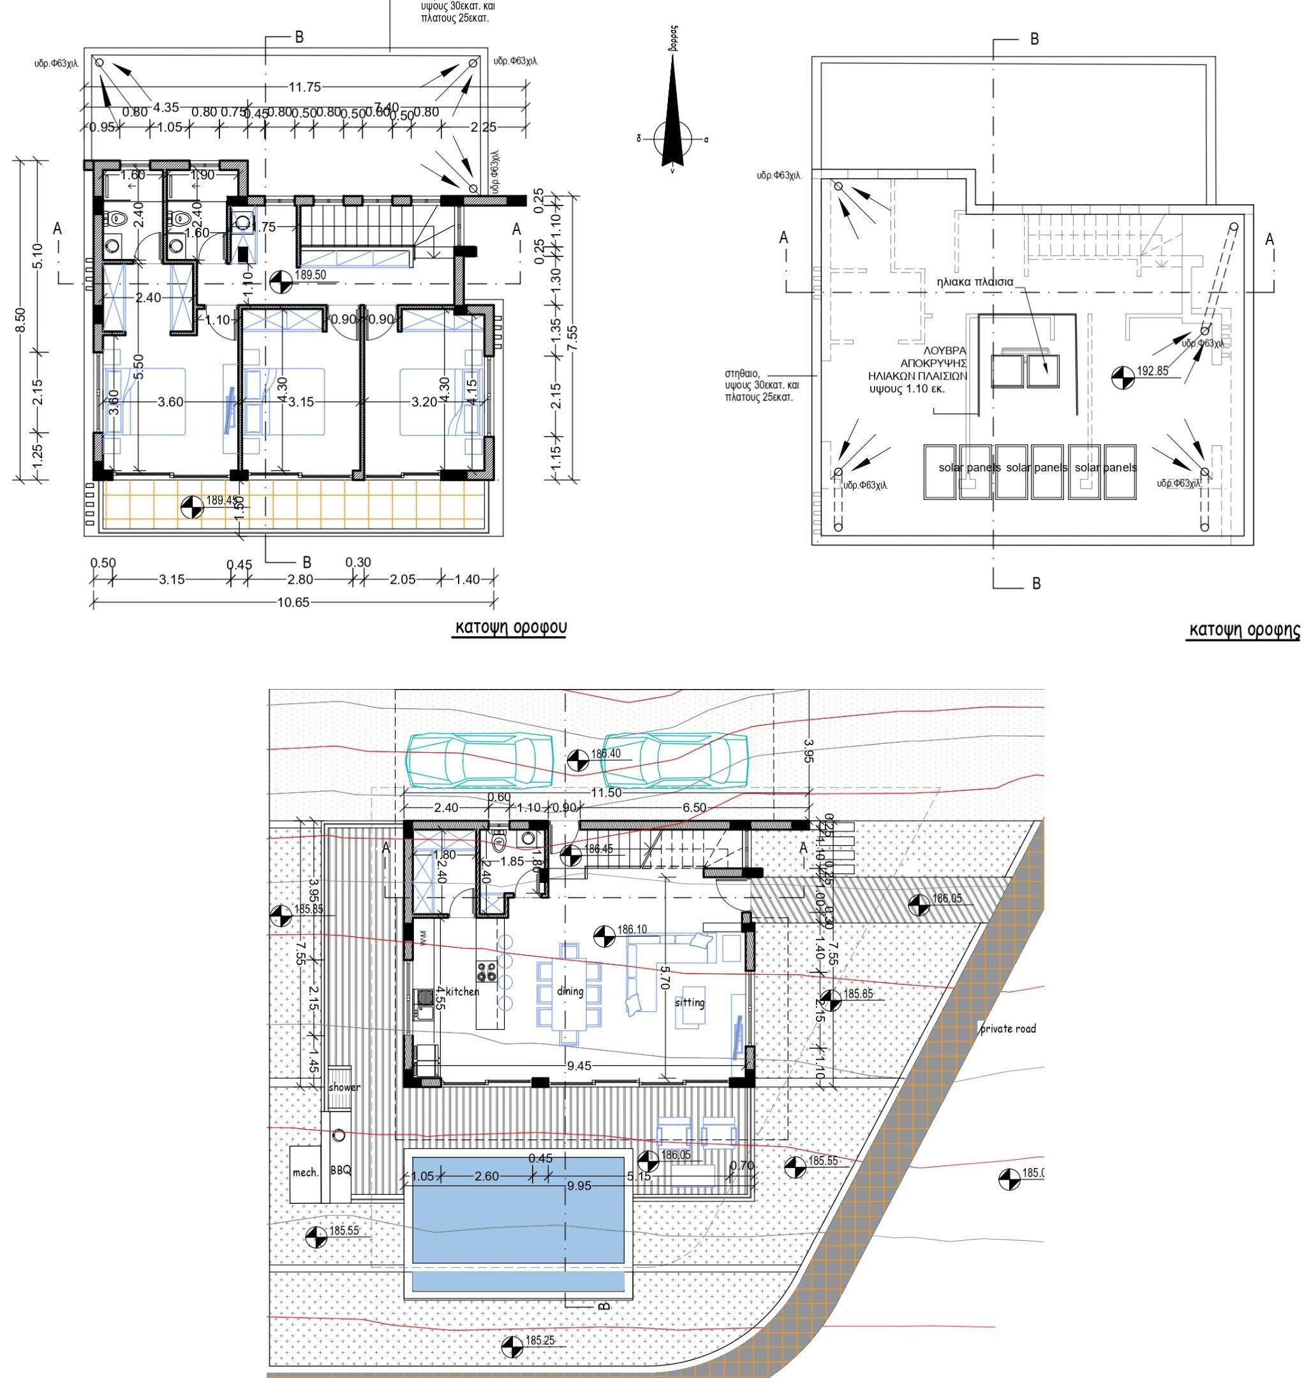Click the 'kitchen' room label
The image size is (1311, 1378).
pos(463,991)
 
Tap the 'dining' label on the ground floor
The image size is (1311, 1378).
pos(570,991)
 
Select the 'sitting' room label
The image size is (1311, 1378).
pos(689,1002)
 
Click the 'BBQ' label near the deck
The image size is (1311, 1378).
pos(341,1170)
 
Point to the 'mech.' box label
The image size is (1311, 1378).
pos(306,1172)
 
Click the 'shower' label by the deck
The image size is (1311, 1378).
pos(344,1087)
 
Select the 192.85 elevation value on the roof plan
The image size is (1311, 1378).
pos(1152,371)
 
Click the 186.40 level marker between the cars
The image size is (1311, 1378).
pos(577,759)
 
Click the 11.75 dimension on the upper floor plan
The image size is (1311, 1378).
pos(305,87)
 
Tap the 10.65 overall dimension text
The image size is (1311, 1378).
pos(293,602)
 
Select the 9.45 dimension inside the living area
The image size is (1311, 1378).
pos(579,1065)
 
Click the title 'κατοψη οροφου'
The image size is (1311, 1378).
pos(511,627)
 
